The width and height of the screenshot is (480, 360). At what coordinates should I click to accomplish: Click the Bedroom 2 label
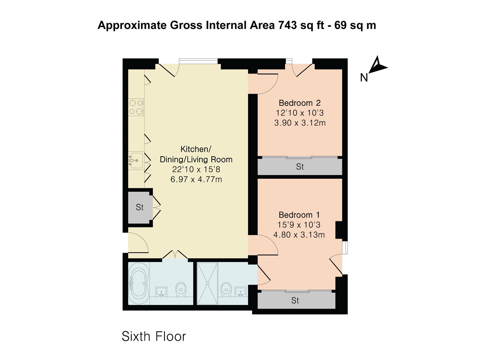click(299, 103)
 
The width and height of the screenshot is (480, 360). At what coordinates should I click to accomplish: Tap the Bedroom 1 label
click(299, 215)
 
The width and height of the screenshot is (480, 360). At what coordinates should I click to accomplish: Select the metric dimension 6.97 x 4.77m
click(196, 180)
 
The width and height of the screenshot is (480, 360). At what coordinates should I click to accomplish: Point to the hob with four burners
click(136, 107)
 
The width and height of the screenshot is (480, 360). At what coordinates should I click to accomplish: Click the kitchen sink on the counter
click(136, 161)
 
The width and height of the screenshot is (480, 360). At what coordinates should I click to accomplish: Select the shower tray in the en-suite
click(207, 284)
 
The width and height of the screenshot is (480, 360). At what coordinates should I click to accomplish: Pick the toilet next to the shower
click(226, 289)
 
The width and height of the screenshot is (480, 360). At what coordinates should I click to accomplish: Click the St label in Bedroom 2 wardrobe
click(300, 167)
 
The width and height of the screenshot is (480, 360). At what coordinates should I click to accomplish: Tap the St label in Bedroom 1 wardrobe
click(295, 301)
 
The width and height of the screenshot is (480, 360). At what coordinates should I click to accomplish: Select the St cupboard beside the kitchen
click(140, 207)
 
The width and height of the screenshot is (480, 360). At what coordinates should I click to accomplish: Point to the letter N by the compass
click(364, 78)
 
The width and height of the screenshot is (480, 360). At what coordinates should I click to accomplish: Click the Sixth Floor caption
click(154, 336)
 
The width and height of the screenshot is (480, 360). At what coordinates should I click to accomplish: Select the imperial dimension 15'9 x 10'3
click(299, 225)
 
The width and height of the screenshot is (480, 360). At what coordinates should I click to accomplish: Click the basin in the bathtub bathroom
click(162, 291)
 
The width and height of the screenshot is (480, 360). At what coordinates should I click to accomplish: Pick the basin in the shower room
click(240, 291)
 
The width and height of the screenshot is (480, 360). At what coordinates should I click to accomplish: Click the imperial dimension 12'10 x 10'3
click(300, 113)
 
